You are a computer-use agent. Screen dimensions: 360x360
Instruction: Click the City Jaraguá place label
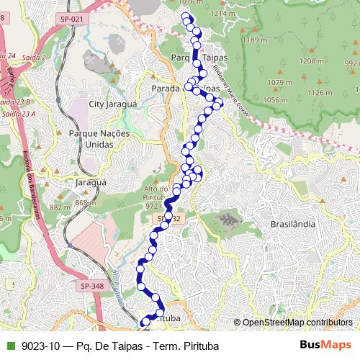(x=112, y=104)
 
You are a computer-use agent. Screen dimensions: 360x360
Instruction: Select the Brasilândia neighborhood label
(x=292, y=224)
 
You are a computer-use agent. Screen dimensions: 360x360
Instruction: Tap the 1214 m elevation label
(x=223, y=14)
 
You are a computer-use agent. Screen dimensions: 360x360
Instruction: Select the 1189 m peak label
(x=253, y=40)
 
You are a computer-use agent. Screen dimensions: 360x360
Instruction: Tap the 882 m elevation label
(x=58, y=207)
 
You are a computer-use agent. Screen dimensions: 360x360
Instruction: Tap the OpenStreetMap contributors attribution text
(x=297, y=322)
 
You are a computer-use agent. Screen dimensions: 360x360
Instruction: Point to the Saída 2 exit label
(x=34, y=57)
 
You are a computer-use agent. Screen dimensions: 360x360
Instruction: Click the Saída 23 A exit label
(x=17, y=114)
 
